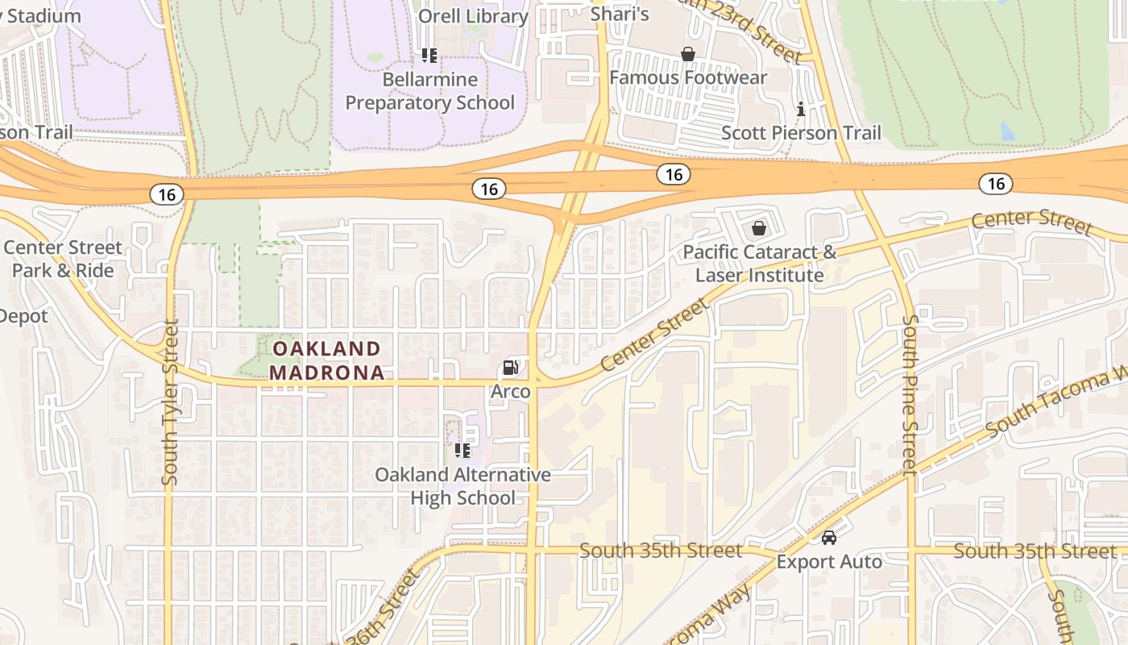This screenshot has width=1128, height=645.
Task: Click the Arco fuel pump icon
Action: (510, 368)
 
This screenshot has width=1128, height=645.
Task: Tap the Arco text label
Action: (511, 392)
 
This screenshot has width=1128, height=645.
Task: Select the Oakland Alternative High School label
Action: (462, 486)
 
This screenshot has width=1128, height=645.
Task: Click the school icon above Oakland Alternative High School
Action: (462, 450)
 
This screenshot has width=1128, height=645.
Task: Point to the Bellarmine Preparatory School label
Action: (429, 91)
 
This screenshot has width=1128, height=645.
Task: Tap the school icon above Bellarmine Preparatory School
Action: (429, 56)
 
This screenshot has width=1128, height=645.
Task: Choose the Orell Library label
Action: (473, 16)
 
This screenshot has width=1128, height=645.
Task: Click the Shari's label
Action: (620, 14)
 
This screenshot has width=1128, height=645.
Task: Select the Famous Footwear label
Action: (688, 77)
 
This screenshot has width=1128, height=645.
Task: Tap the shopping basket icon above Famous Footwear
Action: (688, 54)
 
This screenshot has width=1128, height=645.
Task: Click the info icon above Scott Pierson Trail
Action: (801, 109)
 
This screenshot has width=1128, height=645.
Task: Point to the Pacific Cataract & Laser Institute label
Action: (760, 264)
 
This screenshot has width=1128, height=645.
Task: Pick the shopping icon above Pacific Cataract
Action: (758, 228)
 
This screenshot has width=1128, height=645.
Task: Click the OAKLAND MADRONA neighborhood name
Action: (326, 360)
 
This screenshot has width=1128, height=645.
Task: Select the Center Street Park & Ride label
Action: (63, 259)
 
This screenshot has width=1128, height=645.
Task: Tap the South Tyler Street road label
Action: (169, 403)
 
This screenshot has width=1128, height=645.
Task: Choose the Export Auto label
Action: (829, 561)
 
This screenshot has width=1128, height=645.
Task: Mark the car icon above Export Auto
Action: (829, 537)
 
